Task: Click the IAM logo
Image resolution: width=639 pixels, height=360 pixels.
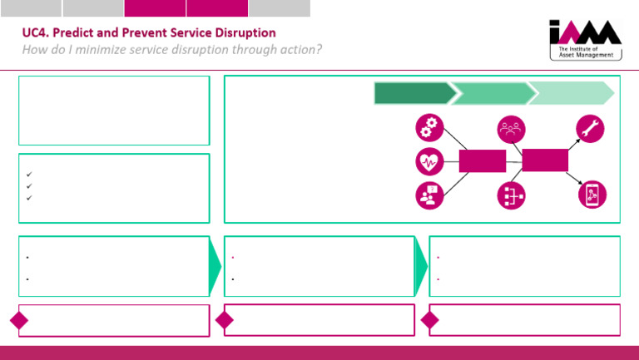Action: (585, 41)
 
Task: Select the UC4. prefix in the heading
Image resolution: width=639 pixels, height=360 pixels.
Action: (36, 33)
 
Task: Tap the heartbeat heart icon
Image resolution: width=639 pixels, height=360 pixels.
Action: (429, 161)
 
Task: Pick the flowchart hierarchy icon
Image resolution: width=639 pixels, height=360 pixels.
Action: (509, 194)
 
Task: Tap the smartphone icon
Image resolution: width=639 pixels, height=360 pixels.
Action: (592, 194)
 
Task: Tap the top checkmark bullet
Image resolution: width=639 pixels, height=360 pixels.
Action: (29, 175)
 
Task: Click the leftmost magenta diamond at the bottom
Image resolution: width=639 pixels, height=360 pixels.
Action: (19, 320)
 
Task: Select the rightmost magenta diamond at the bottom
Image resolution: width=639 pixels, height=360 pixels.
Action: (430, 320)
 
